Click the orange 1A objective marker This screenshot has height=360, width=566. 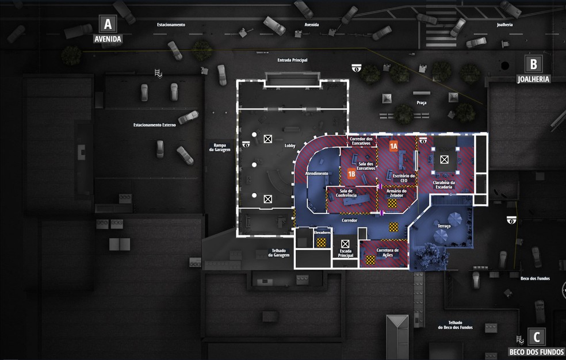point(394,146)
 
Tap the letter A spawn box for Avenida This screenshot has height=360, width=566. point(107,24)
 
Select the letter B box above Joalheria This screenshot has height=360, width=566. point(533,64)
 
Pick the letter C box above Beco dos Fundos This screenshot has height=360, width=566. point(536,336)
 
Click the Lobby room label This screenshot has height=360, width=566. point(289,146)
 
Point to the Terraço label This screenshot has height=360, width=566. point(443,227)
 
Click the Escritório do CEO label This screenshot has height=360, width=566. point(404,178)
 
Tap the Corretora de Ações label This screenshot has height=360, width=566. point(388,252)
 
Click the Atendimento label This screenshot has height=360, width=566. point(317,174)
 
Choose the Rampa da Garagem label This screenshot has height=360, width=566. point(221,147)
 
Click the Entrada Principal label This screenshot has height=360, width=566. point(292,60)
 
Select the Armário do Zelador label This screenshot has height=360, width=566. point(397,193)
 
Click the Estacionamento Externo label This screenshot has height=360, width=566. point(155,125)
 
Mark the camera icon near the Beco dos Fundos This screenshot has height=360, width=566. point(511,219)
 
